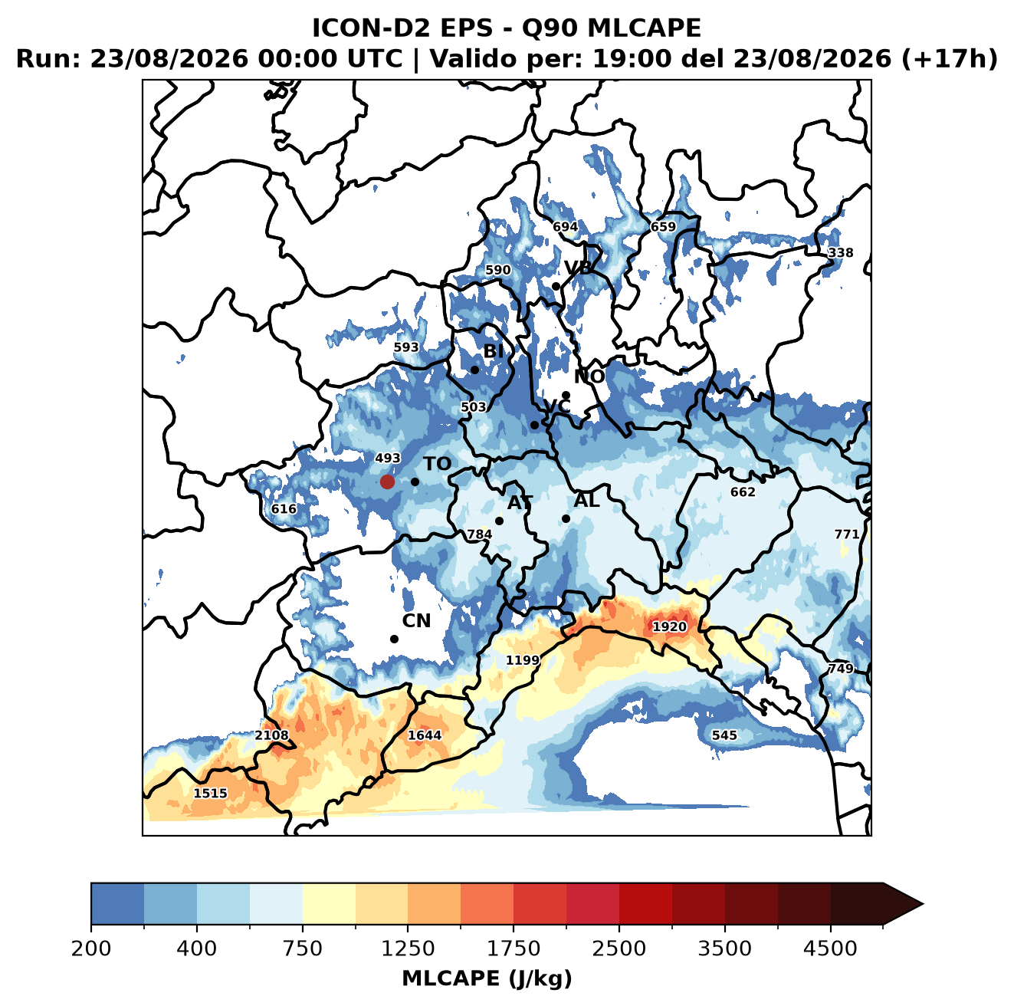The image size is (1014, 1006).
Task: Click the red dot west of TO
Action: pyautogui.click(x=387, y=482)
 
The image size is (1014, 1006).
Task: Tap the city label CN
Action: pyautogui.click(x=416, y=621)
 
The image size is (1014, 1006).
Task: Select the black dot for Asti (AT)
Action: pyautogui.click(x=499, y=521)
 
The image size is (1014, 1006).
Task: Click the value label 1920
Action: pyautogui.click(x=669, y=627)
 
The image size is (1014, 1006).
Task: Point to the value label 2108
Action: pyautogui.click(x=271, y=735)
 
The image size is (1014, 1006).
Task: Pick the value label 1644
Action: pyautogui.click(x=425, y=735)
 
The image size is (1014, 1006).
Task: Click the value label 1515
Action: pyautogui.click(x=211, y=793)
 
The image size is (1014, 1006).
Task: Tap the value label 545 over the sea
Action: pyautogui.click(x=724, y=735)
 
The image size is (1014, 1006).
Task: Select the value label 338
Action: pyautogui.click(x=840, y=253)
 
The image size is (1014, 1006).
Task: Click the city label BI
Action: pyautogui.click(x=493, y=351)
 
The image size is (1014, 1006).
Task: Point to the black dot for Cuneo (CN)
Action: pyautogui.click(x=394, y=639)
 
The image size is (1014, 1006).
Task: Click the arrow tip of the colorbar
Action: pyautogui.click(x=923, y=905)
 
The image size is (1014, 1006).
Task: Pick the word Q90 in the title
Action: pyautogui.click(x=551, y=28)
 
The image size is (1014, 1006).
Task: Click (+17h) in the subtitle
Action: pyautogui.click(x=950, y=59)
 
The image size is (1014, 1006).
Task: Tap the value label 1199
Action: pyautogui.click(x=523, y=659)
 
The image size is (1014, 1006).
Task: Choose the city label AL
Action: pyautogui.click(x=587, y=500)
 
